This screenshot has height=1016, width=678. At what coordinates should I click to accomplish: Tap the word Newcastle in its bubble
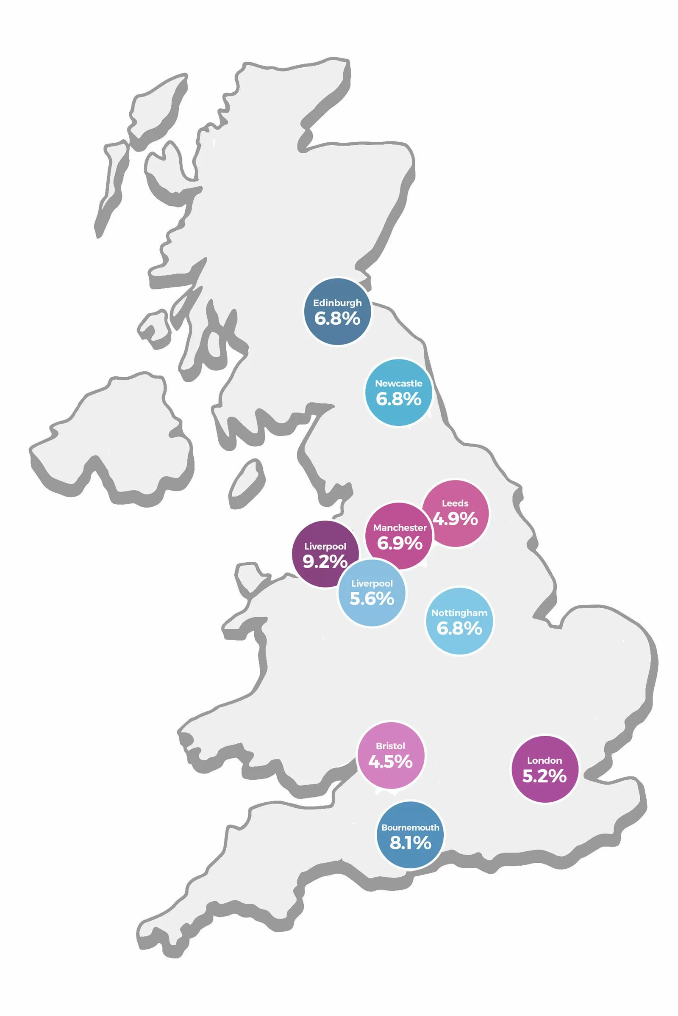398,383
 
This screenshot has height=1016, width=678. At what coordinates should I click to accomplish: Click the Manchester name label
400,527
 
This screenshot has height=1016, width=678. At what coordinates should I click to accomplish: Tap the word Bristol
390,745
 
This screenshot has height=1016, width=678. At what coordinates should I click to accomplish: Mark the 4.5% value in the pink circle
390,762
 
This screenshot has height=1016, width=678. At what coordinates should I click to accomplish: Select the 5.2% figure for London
545,776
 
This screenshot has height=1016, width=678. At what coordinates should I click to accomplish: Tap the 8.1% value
410,843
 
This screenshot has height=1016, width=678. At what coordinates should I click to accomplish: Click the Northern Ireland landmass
117,436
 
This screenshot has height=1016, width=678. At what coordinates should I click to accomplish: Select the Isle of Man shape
247,483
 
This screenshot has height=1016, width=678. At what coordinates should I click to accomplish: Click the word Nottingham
459,613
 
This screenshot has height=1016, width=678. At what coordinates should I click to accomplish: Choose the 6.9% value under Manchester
400,543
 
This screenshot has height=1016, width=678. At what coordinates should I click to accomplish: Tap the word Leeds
455,503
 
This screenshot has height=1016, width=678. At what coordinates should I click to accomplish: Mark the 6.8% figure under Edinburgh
337,318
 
